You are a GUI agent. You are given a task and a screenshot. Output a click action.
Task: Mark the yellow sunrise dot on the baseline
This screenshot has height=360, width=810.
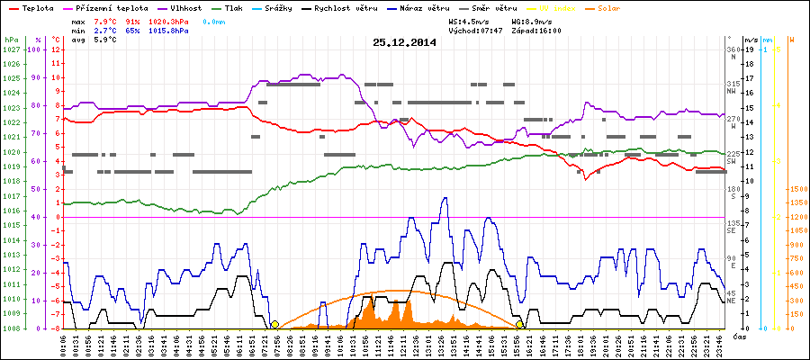tap(274, 324)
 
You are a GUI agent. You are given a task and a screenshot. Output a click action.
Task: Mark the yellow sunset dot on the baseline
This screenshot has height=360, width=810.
tap(520, 324)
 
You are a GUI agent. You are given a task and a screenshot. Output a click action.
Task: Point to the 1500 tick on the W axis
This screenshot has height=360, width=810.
tap(796, 189)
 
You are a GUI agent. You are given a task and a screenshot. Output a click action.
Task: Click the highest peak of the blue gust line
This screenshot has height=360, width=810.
tap(444, 198)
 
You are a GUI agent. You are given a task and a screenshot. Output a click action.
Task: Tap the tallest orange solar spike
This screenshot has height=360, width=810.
tap(372, 296)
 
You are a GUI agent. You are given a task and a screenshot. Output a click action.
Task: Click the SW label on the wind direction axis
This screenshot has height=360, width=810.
tap(732, 160)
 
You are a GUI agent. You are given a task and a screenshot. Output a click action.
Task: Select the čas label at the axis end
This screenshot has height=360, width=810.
tap(738, 336)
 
